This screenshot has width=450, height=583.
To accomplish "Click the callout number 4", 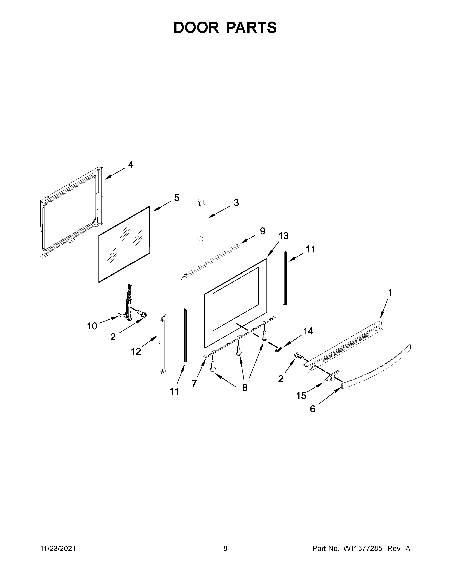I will [x=131, y=165].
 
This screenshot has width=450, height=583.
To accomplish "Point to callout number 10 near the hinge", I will [x=92, y=326].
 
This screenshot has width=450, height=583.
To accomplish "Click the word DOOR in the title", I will [x=196, y=28].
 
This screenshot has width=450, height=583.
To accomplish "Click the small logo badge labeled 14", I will [x=279, y=350].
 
